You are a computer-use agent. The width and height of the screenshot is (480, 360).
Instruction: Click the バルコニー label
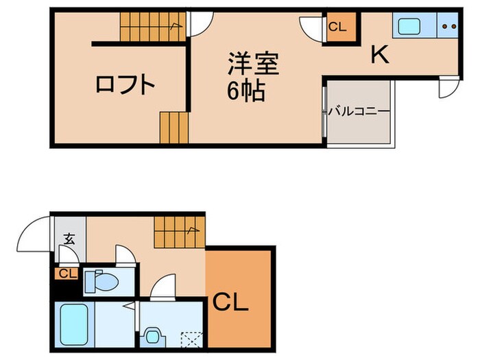[358, 110]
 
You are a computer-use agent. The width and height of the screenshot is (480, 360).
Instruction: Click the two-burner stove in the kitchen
[450, 27]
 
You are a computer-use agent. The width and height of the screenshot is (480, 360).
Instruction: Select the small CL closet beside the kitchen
[338, 28]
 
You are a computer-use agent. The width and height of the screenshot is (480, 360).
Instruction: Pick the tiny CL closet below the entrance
[67, 274]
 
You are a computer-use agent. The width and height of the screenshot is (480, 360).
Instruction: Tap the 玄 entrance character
[69, 239]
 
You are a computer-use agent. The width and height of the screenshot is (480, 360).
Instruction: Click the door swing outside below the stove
[446, 88]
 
